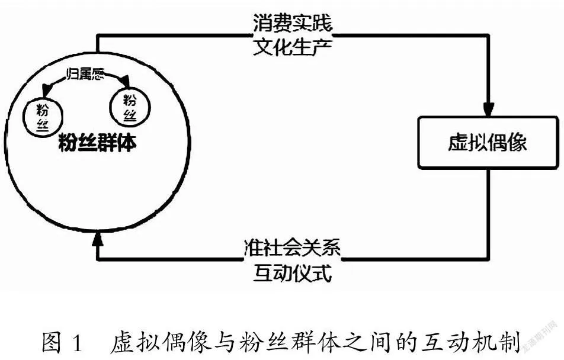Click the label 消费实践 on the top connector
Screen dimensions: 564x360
292,23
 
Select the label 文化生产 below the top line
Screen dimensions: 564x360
292,46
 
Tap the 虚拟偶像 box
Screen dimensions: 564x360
488,143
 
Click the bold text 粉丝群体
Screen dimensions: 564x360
97,143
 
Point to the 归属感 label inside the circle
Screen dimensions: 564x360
85,74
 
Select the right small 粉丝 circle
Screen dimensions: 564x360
130,107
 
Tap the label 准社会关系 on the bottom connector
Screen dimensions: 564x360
292,247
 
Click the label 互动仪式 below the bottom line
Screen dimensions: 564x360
292,274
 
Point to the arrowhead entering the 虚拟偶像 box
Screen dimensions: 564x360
488,110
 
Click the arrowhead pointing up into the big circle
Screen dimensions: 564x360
97,239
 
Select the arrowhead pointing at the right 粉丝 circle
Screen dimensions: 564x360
125,81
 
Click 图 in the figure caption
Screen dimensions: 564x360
51,342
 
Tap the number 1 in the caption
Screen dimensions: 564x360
78,343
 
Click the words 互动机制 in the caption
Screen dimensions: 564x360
472,342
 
